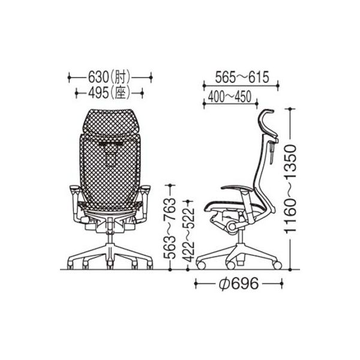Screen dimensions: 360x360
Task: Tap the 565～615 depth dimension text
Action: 242,77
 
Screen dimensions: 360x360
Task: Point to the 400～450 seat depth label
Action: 230,97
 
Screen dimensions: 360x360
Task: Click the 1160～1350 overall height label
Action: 290,189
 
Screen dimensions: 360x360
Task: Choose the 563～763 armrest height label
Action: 170,228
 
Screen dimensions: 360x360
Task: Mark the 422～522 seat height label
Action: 189,232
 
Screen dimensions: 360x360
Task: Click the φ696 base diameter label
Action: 238,284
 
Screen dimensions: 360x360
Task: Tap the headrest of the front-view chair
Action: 110,121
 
